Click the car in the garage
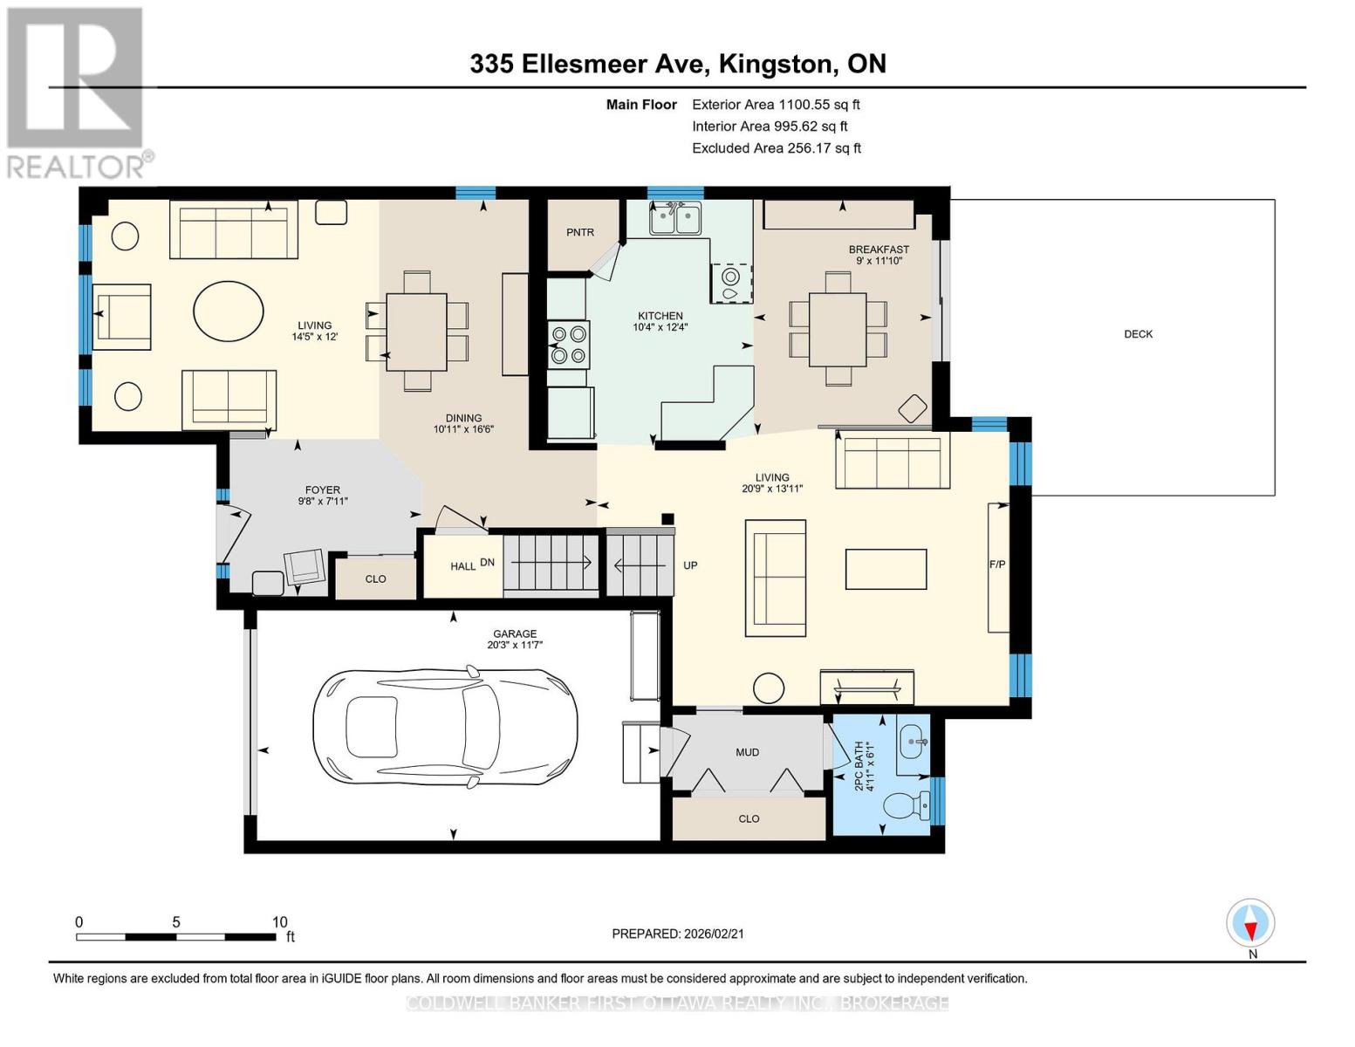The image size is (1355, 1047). pyautogui.click(x=445, y=729)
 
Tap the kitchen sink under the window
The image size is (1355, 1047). pyautogui.click(x=675, y=218)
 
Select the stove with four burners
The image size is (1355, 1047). pyautogui.click(x=569, y=345)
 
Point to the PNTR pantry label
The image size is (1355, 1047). pyautogui.click(x=580, y=232)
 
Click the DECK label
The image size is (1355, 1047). pyautogui.click(x=1138, y=334)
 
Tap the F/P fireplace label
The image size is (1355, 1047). pyautogui.click(x=997, y=565)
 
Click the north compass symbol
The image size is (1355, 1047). pyautogui.click(x=1250, y=923)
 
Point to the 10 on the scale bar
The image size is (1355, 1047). pyautogui.click(x=279, y=921)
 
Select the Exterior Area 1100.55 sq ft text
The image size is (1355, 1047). pyautogui.click(x=776, y=105)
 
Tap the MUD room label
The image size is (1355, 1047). pyautogui.click(x=747, y=753)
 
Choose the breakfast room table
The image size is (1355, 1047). pyautogui.click(x=838, y=329)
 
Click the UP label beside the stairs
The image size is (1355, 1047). pyautogui.click(x=690, y=565)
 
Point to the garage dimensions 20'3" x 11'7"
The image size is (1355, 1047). pyautogui.click(x=515, y=645)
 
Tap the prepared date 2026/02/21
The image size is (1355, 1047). pyautogui.click(x=714, y=934)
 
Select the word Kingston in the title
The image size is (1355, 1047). pyautogui.click(x=776, y=65)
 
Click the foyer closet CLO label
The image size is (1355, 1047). pyautogui.click(x=375, y=579)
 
